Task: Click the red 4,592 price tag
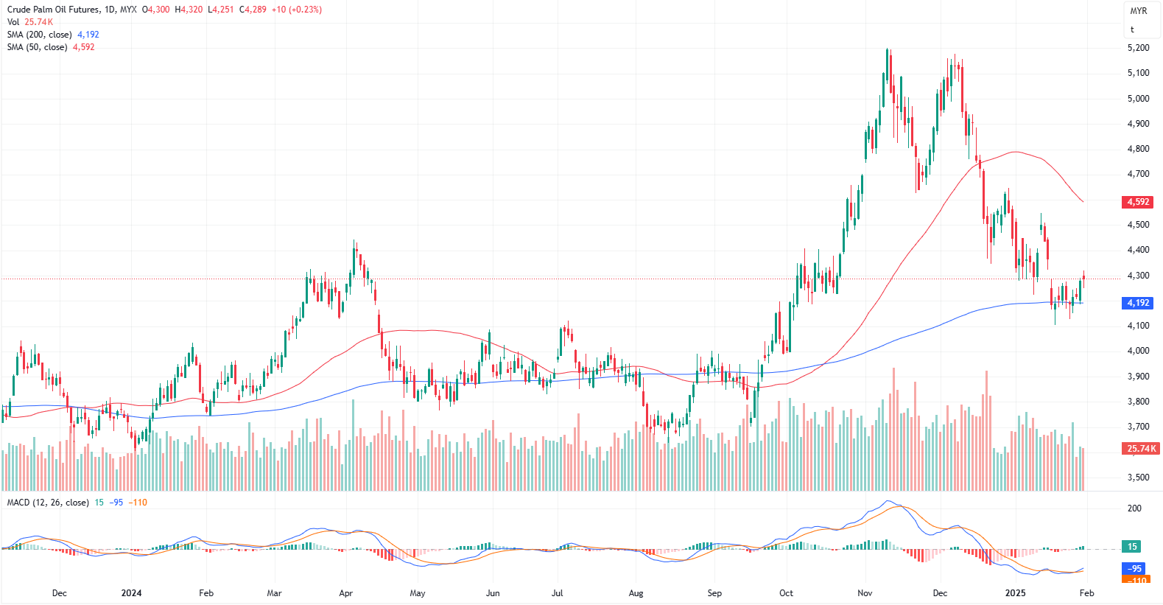tap(1138, 202)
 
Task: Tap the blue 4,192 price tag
tap(1138, 303)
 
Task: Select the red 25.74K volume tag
tap(1141, 448)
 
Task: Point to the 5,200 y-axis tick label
tap(1138, 48)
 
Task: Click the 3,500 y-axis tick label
tap(1138, 478)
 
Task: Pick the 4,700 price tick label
tap(1138, 174)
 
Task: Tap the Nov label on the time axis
tap(865, 593)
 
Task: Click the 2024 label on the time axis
tap(131, 593)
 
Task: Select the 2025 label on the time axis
tap(1015, 593)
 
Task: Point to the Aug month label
tap(636, 593)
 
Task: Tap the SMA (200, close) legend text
tap(40, 35)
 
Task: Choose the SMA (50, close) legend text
tap(37, 47)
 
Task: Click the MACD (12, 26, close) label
tap(48, 503)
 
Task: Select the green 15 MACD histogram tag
tap(1132, 547)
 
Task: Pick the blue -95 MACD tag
tap(1134, 568)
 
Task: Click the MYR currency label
tap(1139, 11)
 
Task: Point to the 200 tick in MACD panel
tap(1134, 508)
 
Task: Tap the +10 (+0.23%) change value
tap(296, 10)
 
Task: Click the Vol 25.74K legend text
tap(30, 22)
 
